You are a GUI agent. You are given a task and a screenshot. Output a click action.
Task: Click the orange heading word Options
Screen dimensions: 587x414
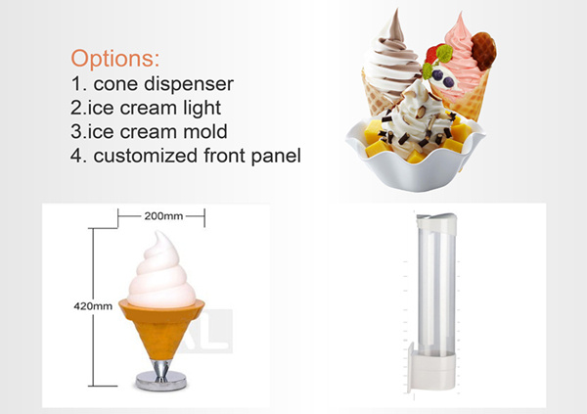pos(114,58)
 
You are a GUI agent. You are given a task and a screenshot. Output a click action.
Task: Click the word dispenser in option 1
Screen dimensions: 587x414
pos(189,84)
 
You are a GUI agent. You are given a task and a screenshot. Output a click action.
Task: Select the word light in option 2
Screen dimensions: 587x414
pos(203,109)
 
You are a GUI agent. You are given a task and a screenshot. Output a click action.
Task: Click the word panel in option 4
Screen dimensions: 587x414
pos(276,156)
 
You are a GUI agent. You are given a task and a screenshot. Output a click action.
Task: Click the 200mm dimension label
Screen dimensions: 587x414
pos(163,216)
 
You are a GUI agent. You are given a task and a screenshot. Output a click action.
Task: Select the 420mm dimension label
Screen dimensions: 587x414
pos(93,306)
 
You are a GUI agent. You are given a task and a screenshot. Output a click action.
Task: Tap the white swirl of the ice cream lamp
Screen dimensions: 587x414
pos(161,273)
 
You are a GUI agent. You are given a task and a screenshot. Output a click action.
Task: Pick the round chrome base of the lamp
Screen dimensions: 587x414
pos(161,381)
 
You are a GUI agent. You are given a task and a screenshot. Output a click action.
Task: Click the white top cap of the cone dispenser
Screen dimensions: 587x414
pos(436,222)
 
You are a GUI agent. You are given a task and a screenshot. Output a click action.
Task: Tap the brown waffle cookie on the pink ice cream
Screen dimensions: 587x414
pos(484,51)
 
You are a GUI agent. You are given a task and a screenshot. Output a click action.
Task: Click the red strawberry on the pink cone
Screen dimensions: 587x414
pos(433,55)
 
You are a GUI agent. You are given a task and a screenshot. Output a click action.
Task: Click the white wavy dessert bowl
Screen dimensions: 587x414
pos(415,163)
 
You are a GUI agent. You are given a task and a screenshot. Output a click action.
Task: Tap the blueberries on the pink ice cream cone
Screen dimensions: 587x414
pos(442,77)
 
